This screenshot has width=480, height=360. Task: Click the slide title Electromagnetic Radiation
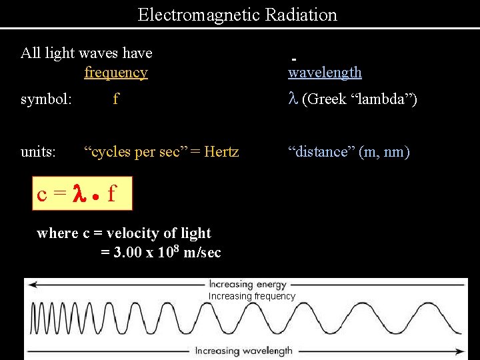[x=237, y=15]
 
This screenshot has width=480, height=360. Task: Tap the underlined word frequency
[x=116, y=72]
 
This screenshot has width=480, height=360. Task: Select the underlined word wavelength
[x=325, y=72]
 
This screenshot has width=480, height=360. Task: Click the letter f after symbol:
[x=116, y=99]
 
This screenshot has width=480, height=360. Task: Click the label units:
[x=38, y=152]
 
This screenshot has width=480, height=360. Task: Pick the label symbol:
[x=46, y=99]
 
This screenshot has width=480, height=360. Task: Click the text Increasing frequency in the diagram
[x=252, y=296]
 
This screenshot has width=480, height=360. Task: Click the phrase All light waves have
[x=87, y=53]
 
